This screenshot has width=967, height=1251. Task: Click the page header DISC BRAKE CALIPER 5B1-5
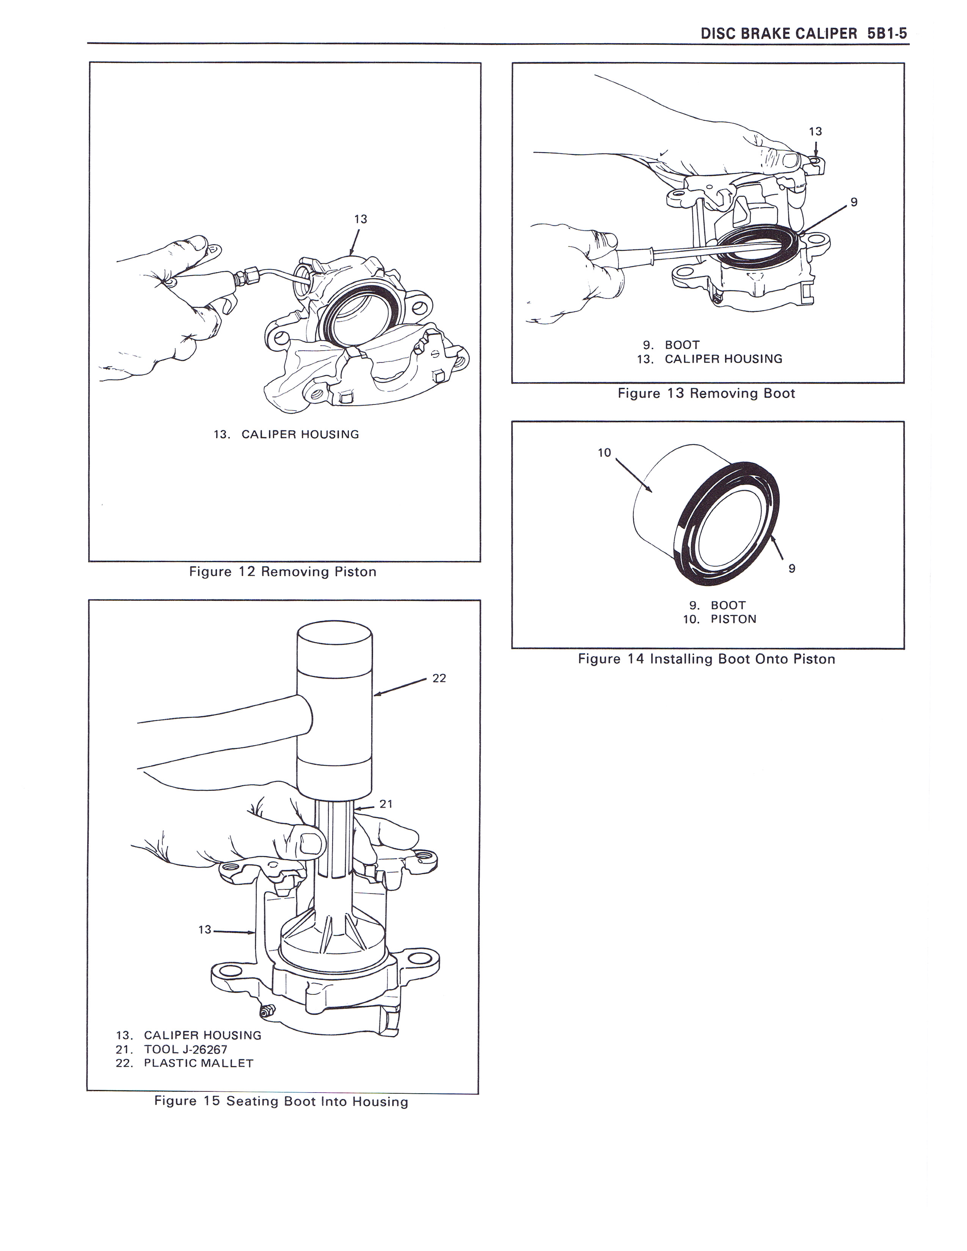coord(804,34)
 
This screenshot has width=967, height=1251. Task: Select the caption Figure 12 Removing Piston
coord(283,572)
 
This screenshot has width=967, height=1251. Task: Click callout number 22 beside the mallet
coord(439,678)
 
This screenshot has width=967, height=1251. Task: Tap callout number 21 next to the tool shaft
coord(386,804)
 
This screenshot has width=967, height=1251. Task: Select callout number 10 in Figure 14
coord(604,453)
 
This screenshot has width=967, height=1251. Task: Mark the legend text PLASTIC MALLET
coord(198,1063)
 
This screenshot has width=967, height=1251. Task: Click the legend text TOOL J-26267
coord(185,1049)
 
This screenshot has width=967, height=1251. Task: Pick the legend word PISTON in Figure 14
coord(733,619)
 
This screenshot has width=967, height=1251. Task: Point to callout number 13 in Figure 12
coord(360,219)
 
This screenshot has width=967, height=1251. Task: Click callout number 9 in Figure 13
coord(854,202)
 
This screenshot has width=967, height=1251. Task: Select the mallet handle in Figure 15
coord(218,731)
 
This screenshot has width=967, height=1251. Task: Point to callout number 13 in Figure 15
coord(204,930)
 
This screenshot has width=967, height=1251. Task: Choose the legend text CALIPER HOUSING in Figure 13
coord(723,359)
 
